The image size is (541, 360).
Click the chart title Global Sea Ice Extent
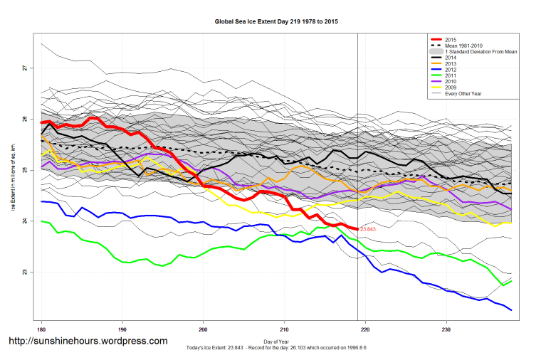276,22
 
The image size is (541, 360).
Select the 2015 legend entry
450,40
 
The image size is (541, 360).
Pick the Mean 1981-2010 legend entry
463,46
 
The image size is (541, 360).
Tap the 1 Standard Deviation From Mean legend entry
478,53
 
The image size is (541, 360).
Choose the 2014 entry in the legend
450,60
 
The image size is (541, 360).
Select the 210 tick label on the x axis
285,330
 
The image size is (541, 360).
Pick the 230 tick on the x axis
446,330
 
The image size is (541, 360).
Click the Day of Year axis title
276,342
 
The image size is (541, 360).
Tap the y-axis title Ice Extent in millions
12,171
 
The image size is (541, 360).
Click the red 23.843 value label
368,230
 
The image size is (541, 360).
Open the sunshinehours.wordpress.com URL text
87,342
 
